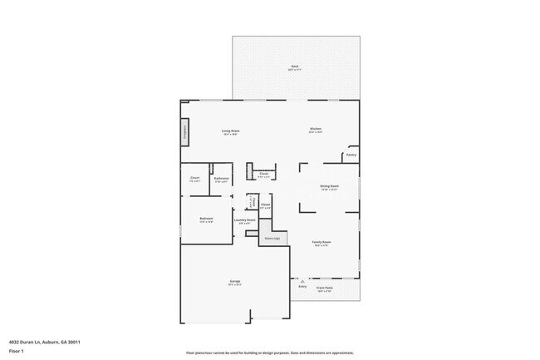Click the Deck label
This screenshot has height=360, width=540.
tap(294, 67)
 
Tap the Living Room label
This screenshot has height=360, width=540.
tap(230, 131)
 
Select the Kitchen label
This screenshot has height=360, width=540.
tap(316, 129)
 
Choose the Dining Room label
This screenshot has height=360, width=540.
tap(329, 186)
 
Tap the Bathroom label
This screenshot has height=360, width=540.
tap(222, 178)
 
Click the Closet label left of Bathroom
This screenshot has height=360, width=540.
tap(194, 178)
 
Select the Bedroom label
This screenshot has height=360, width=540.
tap(206, 219)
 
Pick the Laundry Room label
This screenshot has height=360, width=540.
tap(244, 220)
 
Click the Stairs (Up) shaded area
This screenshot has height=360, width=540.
tap(271, 238)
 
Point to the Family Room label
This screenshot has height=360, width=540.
tap(322, 242)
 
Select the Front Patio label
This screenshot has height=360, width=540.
tap(325, 288)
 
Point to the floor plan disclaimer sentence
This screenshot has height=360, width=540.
tap(271, 353)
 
